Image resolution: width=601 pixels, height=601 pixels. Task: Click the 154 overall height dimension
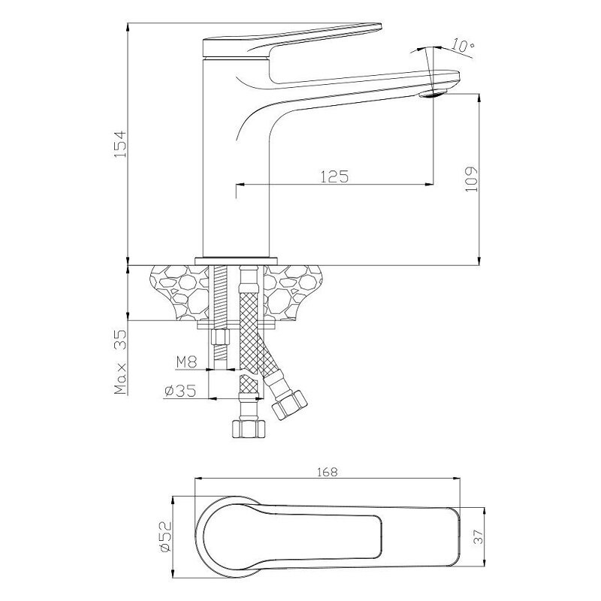pos(120,144)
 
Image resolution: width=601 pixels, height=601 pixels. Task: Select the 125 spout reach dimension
pos(334,177)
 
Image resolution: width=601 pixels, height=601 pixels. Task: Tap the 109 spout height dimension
pos(472,179)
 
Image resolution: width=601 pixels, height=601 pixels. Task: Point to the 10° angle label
pos(463,46)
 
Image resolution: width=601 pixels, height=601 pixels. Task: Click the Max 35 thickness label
pos(120,361)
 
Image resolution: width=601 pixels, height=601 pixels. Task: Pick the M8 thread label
pos(186,362)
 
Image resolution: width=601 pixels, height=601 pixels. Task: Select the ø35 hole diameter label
pos(180,391)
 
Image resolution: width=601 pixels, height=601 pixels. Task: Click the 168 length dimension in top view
pos(328,472)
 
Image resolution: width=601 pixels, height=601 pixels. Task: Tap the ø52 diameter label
pos(165,536)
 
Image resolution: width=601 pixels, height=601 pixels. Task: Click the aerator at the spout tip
pos(433,93)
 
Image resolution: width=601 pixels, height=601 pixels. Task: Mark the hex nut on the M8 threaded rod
pos(220,337)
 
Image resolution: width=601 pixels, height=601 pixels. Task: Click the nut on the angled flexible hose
pos(290,404)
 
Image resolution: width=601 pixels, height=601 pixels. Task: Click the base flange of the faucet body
pos(236,261)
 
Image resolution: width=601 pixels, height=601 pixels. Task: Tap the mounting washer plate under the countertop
pos(237,325)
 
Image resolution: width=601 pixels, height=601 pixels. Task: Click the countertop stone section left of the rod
pos(180,292)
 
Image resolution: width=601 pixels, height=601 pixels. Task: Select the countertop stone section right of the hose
pos(293,292)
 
